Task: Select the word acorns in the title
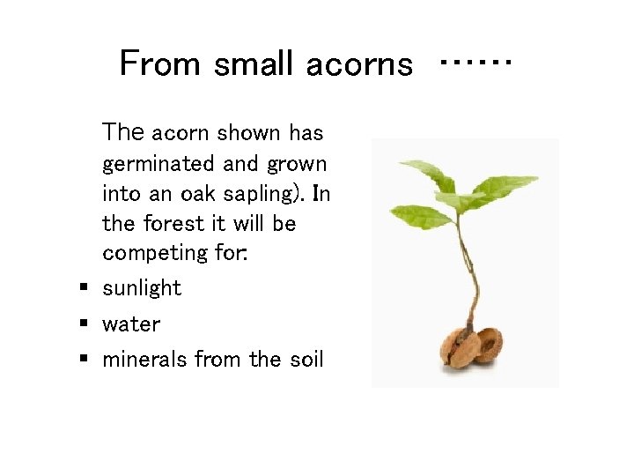coord(359,64)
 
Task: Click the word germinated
coord(158,164)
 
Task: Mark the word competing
coord(153,253)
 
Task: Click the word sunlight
coord(142,288)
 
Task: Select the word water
coord(131,324)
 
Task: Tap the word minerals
coord(144,360)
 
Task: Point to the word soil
coord(305,360)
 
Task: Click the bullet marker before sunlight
coord(83,287)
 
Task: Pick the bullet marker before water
coord(83,324)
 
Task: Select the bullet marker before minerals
coord(83,359)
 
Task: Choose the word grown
coord(298,164)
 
